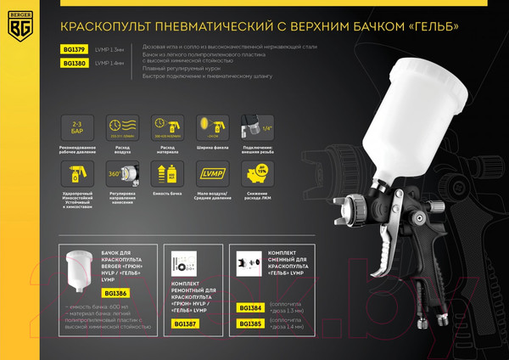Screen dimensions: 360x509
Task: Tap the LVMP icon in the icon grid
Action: click(207, 176)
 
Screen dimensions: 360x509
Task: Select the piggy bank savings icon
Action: click(251, 176)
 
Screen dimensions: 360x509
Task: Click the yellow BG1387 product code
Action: click(187, 323)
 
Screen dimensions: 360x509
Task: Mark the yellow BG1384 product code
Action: click(249, 307)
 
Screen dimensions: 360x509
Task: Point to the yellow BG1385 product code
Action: click(249, 323)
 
